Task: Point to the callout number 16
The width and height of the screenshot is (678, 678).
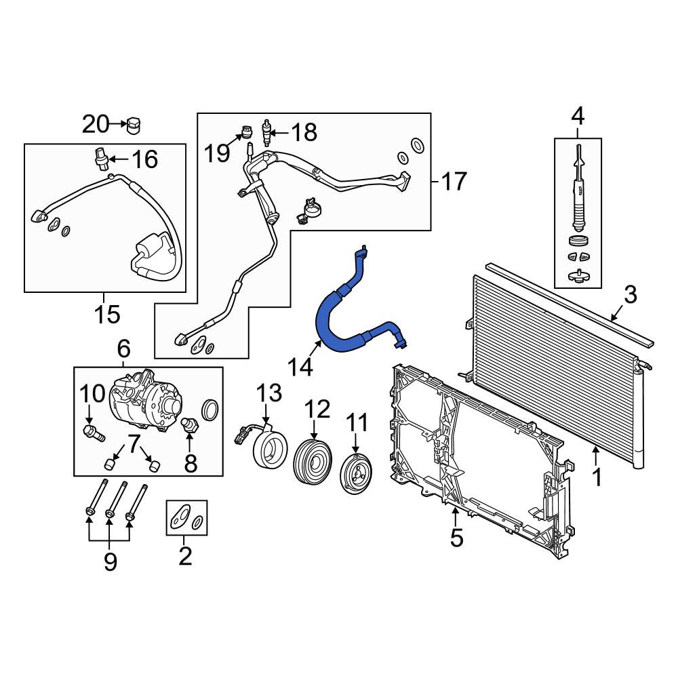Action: click(145, 159)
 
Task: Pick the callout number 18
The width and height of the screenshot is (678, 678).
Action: click(304, 132)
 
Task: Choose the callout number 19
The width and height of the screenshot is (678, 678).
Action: click(217, 153)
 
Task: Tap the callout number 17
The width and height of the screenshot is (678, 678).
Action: click(454, 181)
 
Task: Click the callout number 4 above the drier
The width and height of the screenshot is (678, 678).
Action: click(578, 117)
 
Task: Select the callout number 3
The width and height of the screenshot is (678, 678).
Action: click(631, 294)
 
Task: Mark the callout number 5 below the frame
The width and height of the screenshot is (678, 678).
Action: click(456, 538)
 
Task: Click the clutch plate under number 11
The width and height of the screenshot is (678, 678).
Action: click(356, 473)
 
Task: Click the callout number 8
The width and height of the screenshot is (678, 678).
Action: click(191, 463)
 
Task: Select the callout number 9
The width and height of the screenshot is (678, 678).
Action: click(111, 561)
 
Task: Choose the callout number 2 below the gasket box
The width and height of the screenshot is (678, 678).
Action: click(185, 556)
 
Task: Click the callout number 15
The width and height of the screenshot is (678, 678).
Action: click(107, 315)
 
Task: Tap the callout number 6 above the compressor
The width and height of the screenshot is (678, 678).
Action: click(123, 348)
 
